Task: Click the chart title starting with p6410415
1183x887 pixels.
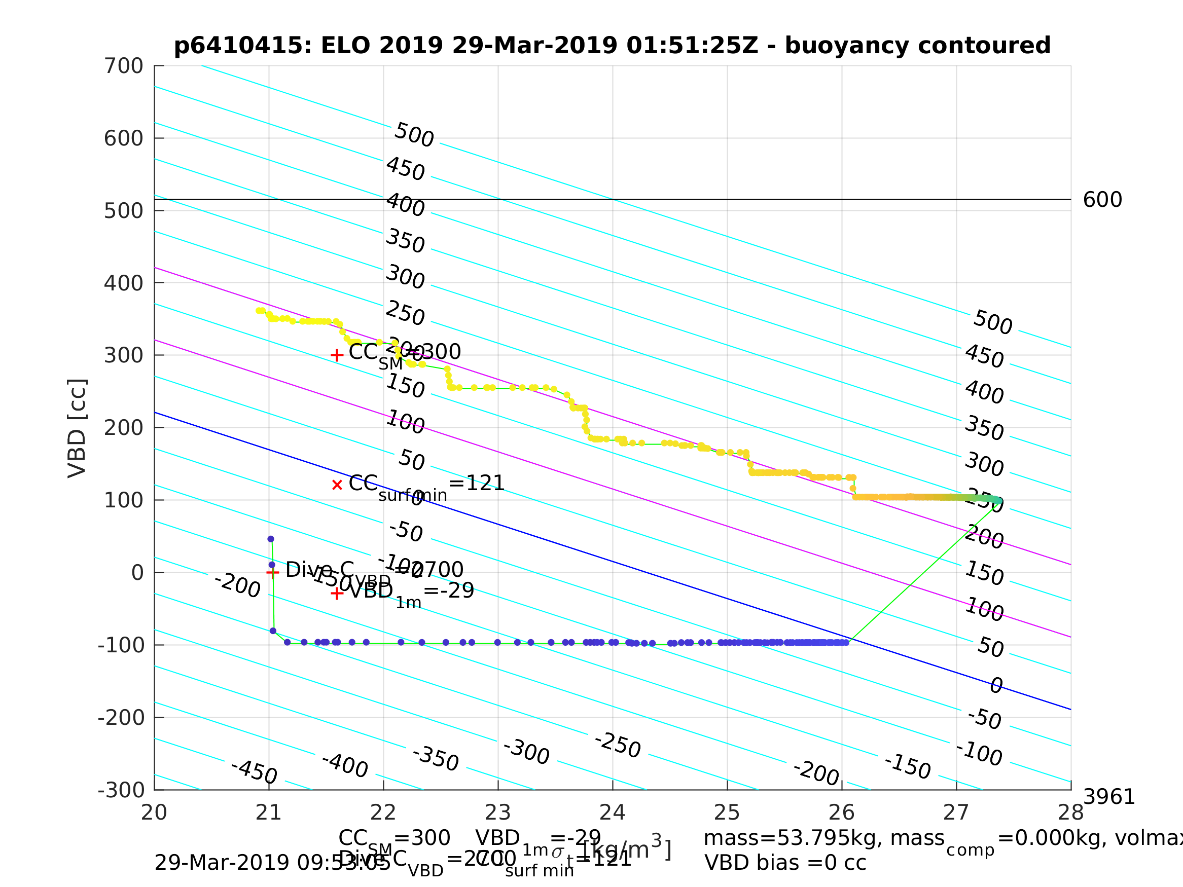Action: click(x=612, y=46)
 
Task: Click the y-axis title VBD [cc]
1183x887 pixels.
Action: click(x=78, y=428)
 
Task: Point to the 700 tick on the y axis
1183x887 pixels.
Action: click(x=124, y=66)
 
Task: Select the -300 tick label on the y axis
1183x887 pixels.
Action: click(x=121, y=790)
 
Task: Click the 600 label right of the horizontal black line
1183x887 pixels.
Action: click(x=1102, y=201)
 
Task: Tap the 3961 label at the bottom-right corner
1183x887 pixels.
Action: click(x=1108, y=798)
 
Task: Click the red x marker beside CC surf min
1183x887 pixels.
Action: click(x=337, y=485)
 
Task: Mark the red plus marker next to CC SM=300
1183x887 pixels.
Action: click(x=337, y=355)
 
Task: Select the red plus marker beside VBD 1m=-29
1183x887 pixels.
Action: click(x=337, y=594)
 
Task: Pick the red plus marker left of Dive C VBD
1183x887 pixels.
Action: click(x=273, y=573)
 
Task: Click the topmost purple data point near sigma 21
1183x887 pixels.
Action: click(x=271, y=539)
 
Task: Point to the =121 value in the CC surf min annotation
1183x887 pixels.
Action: click(x=476, y=484)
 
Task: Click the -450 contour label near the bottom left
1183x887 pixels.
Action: click(x=254, y=772)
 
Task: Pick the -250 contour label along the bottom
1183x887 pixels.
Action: click(x=617, y=745)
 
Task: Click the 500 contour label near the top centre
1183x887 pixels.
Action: click(x=414, y=135)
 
